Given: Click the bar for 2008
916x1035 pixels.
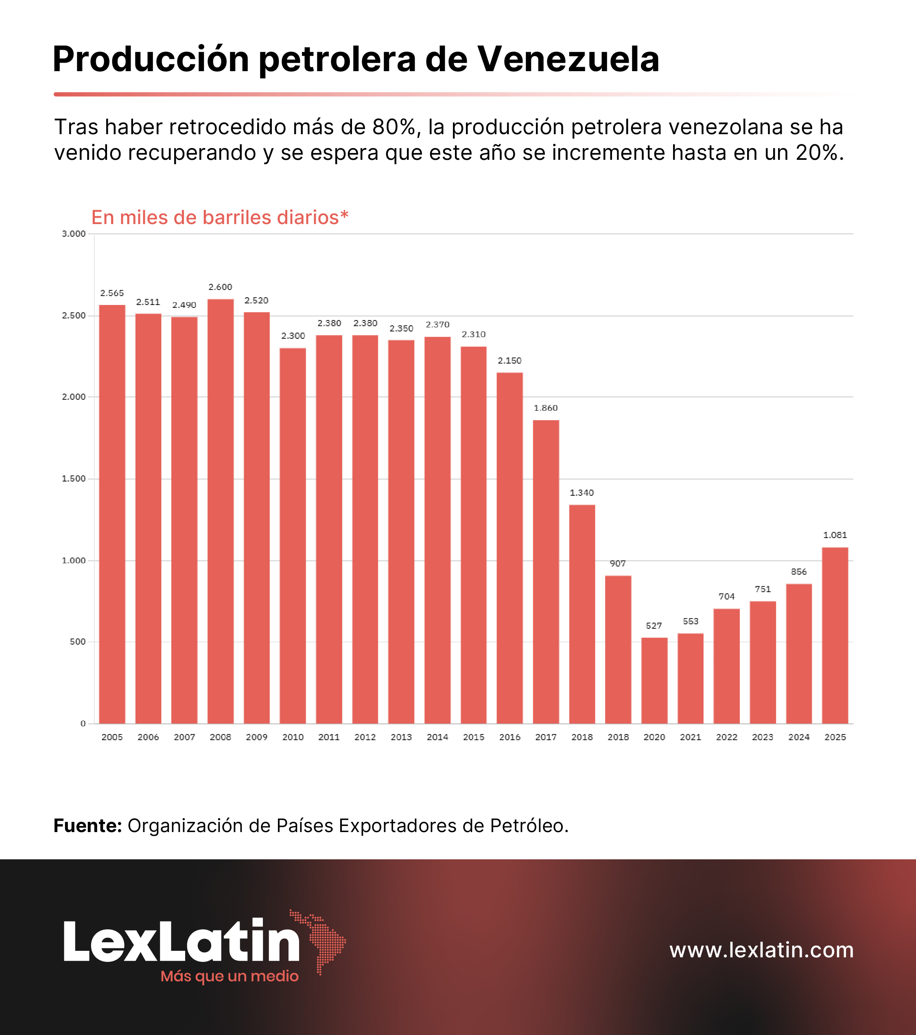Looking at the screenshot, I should pyautogui.click(x=221, y=512).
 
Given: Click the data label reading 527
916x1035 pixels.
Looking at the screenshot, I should pyautogui.click(x=654, y=626).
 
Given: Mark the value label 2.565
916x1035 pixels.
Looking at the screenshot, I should pyautogui.click(x=112, y=293).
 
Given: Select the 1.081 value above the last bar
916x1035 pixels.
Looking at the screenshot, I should pyautogui.click(x=835, y=535).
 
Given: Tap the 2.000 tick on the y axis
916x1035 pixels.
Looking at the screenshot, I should pyautogui.click(x=74, y=397).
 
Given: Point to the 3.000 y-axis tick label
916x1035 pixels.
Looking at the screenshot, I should pyautogui.click(x=74, y=234).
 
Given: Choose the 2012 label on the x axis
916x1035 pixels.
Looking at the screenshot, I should pyautogui.click(x=365, y=737).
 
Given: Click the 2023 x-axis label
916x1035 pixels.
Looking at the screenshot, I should pyautogui.click(x=763, y=737).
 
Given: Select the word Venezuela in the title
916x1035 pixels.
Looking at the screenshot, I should pyautogui.click(x=568, y=60).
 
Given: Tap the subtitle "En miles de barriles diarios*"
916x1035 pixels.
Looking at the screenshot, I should pyautogui.click(x=220, y=217).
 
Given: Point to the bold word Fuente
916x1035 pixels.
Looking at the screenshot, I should pyautogui.click(x=87, y=826).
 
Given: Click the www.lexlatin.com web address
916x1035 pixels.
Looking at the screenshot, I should pyautogui.click(x=761, y=950).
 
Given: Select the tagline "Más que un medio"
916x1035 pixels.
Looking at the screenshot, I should pyautogui.click(x=230, y=976).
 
